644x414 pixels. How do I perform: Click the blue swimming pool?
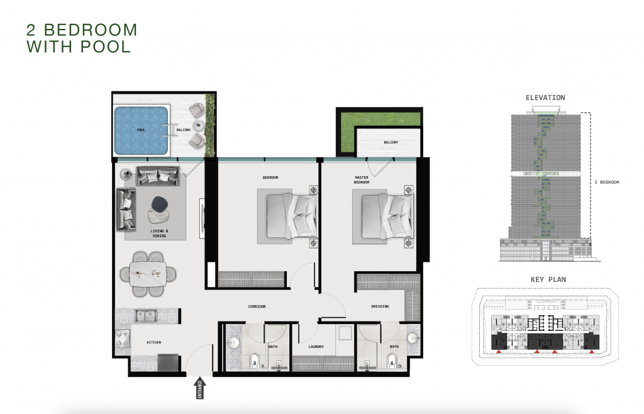pos(142,131)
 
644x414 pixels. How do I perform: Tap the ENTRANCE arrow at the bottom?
pos(199,388)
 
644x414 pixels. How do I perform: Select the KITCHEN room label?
pos(154,342)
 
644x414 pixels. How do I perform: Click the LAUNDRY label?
pos(316,347)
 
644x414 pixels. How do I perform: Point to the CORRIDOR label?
pos(257,306)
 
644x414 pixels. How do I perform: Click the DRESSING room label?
pos(380,306)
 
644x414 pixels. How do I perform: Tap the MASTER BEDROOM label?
pos(362,180)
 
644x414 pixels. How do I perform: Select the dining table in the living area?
pos(148,274)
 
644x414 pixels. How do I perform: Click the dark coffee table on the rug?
pos(159,204)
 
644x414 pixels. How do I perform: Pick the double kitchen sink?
pos(146,316)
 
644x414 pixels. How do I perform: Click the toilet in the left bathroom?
pos(255,360)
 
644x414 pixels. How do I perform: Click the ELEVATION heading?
pos(545,98)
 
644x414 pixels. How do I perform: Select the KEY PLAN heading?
pos(548,279)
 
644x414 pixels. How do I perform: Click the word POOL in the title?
pos(106,47)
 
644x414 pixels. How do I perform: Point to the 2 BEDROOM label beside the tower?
pos(607,182)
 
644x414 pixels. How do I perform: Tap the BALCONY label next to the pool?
pos(184,130)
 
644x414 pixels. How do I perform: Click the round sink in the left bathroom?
pos(234,343)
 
